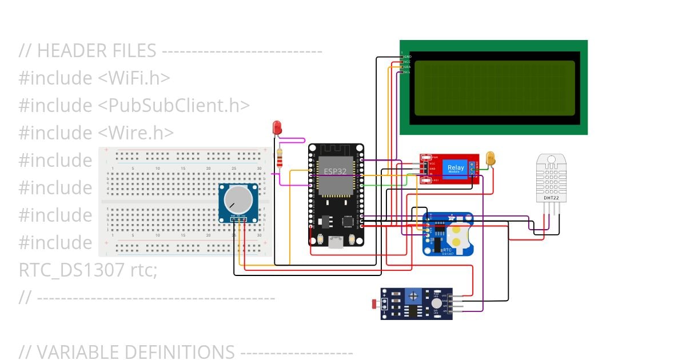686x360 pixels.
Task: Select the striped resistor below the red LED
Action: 280,158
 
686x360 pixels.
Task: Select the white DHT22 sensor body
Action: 551,178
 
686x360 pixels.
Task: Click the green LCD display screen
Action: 494,87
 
